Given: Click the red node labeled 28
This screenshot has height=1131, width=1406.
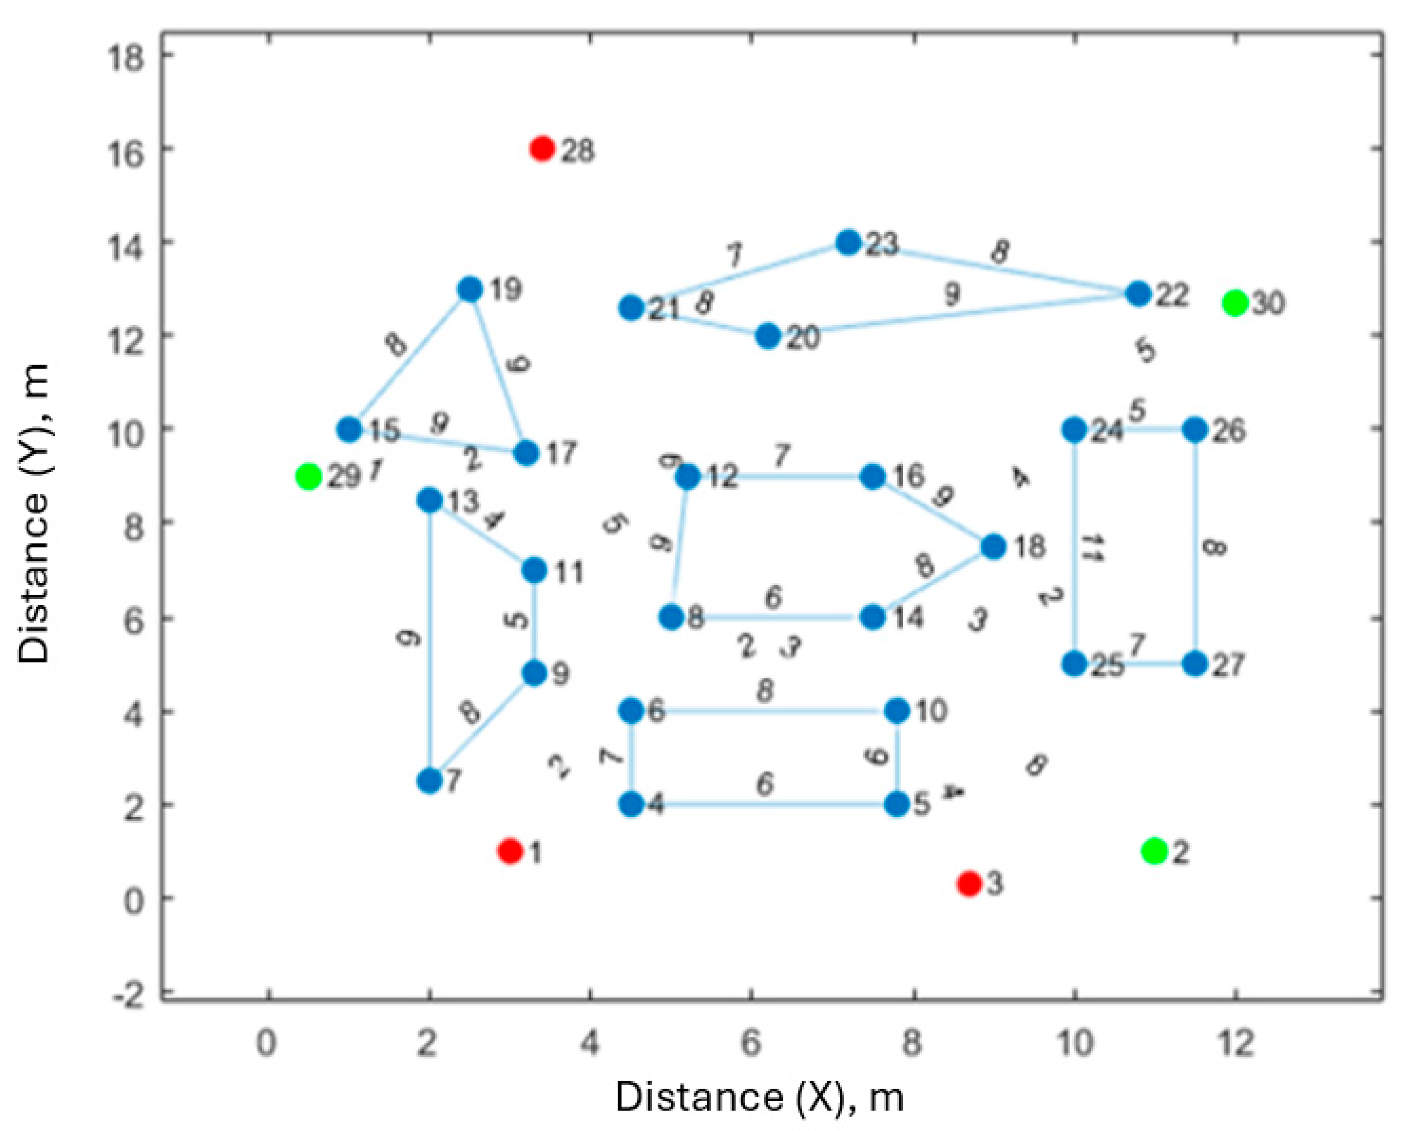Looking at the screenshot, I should pos(543,149).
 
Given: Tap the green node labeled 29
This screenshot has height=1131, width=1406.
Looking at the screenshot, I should pos(308,477).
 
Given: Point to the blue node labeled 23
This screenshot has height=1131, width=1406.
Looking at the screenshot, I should pos(849,242).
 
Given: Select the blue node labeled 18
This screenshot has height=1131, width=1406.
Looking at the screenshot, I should pos(993,546).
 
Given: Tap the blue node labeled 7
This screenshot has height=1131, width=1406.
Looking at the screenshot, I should pos(430,780).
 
